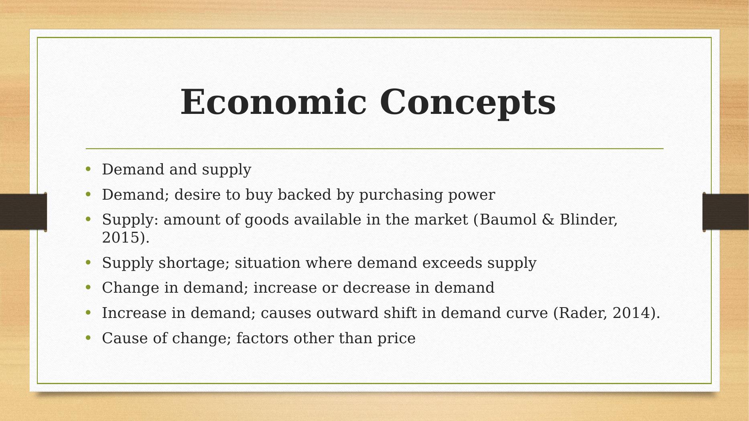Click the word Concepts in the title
tap(468, 103)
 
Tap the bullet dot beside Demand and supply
tap(89, 169)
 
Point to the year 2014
tap(630, 313)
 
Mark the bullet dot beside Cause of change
tap(89, 338)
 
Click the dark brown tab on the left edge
tap(23, 212)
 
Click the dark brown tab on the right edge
tap(726, 212)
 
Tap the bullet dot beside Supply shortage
tap(89, 263)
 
